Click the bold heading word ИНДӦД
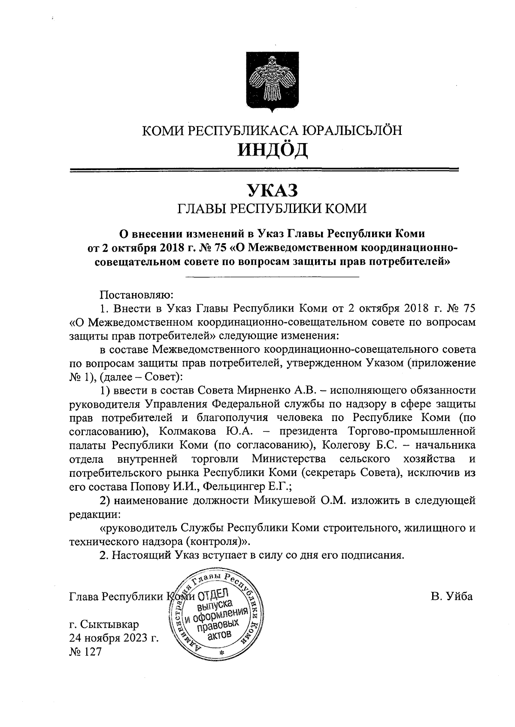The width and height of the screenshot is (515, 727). [273, 150]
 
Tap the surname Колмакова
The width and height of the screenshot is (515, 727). [185, 431]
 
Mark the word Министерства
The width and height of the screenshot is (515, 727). [288, 458]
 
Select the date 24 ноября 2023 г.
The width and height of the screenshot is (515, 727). [114, 638]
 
